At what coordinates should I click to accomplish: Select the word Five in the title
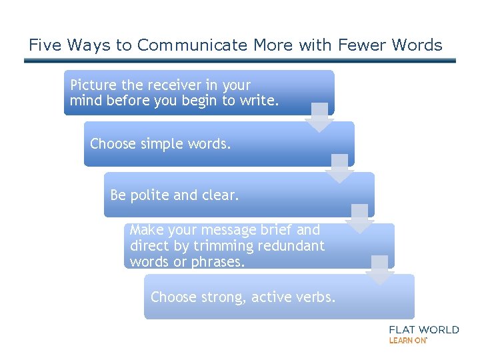click(x=43, y=45)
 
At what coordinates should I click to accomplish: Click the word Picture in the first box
click(x=93, y=85)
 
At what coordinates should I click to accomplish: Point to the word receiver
click(x=170, y=85)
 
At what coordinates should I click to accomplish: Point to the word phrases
click(x=219, y=262)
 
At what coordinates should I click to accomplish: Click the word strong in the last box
click(x=224, y=297)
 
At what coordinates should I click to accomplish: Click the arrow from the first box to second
click(x=319, y=117)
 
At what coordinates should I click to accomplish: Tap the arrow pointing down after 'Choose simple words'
click(x=339, y=169)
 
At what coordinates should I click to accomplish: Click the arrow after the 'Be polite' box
click(x=359, y=219)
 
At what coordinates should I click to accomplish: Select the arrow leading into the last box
click(x=379, y=270)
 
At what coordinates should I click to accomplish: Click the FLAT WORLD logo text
click(x=423, y=329)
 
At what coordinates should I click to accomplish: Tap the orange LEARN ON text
click(x=408, y=340)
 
